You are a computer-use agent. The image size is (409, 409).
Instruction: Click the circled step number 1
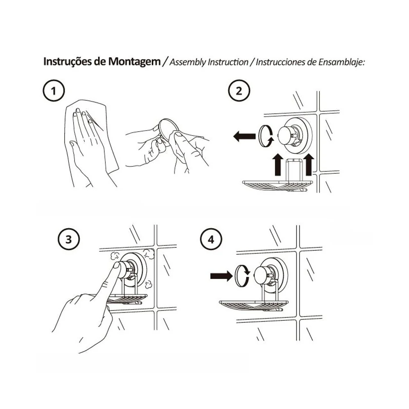[x=54, y=91]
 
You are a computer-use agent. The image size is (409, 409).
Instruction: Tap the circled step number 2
[x=239, y=91]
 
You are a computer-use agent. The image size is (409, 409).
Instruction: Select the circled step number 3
[x=69, y=239]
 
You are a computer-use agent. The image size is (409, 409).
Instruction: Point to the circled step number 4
[x=211, y=239]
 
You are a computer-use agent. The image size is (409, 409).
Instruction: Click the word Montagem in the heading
[x=134, y=62]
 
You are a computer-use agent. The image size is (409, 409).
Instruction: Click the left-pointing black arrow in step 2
[x=245, y=136]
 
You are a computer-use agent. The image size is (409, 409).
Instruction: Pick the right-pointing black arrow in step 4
[x=221, y=276]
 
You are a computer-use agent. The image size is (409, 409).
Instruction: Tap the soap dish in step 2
[x=277, y=185]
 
